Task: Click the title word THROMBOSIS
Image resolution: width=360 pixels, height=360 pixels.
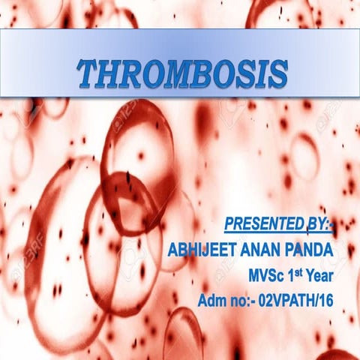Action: click(183, 74)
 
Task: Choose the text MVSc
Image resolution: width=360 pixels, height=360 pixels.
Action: click(265, 276)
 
